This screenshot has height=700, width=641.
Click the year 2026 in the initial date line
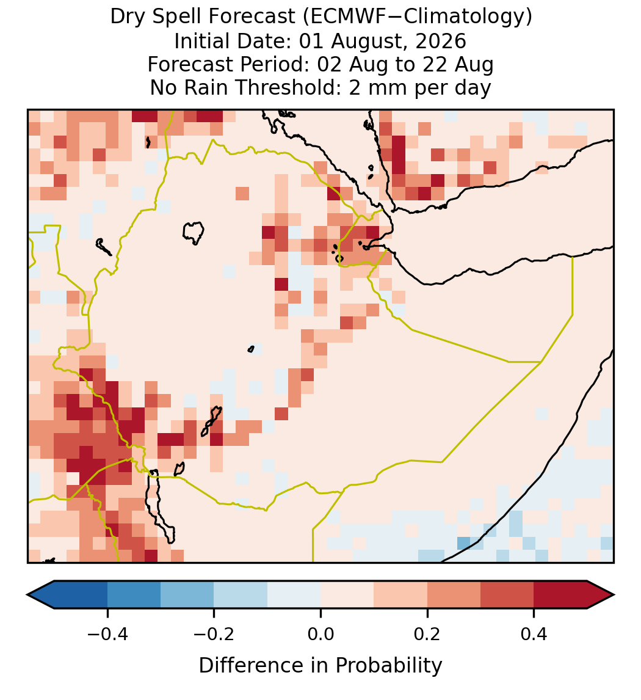pos(441,41)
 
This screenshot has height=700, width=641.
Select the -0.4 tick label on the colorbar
pos(107,634)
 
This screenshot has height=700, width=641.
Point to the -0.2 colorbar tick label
pos(214,634)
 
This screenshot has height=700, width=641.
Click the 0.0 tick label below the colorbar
pos(320,634)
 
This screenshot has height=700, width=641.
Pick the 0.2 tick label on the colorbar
pos(427,634)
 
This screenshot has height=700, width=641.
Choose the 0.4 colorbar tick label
pos(534,634)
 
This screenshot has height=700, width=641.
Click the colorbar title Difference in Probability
pos(320,666)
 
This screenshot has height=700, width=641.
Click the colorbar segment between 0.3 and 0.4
pos(507,595)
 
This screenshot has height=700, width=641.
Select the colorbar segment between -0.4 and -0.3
pos(134,595)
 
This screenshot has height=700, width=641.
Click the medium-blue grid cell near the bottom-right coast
pos(464,543)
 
